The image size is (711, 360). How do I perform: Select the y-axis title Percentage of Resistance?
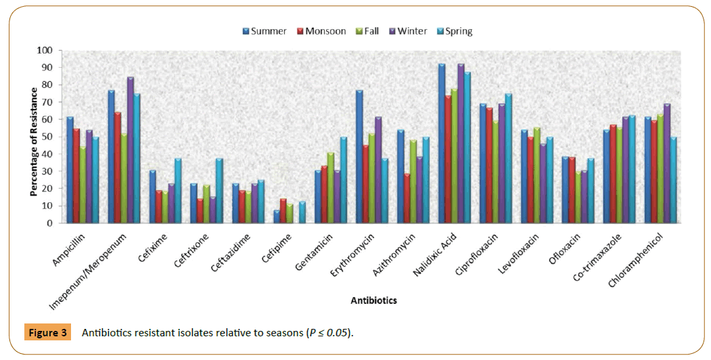point(33,137)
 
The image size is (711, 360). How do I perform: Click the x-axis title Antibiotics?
point(373,300)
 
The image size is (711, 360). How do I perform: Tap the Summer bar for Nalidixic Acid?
point(442,143)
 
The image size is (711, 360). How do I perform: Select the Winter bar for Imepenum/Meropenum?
point(131,150)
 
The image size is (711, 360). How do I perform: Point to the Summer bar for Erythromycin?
point(360,156)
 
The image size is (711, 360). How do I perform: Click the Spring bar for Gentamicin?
point(343,180)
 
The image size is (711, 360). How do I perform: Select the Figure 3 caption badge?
point(48,333)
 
